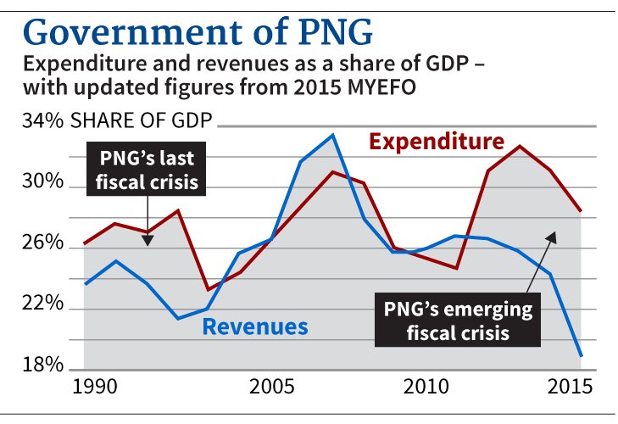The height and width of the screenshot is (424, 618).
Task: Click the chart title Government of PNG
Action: click(198, 31)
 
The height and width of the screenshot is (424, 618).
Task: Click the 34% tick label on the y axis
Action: click(42, 122)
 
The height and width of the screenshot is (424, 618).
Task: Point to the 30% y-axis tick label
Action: click(42, 183)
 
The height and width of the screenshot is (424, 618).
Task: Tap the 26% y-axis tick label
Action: click(42, 244)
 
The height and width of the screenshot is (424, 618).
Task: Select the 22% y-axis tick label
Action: click(42, 304)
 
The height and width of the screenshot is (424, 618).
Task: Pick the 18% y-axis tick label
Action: click(42, 365)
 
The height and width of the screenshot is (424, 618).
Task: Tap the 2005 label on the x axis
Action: click(272, 387)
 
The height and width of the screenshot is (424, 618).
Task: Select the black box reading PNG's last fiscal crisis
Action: click(148, 170)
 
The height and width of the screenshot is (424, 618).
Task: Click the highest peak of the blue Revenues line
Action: click(332, 135)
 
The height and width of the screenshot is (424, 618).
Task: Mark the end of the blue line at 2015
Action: click(582, 355)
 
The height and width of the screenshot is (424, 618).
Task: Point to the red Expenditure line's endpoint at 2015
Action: click(582, 210)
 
